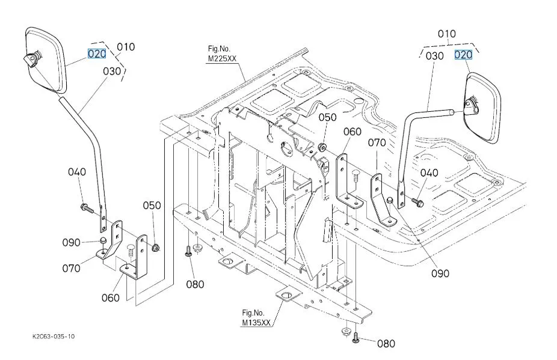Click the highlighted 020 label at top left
(x=97, y=54)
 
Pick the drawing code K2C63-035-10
(x=54, y=337)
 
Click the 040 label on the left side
(x=77, y=172)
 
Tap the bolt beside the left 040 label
(x=86, y=209)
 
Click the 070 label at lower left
(x=71, y=267)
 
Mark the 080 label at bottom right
(x=386, y=344)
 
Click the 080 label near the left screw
(x=195, y=284)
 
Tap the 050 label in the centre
(x=328, y=117)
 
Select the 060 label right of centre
(x=352, y=132)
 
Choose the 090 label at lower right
(x=440, y=273)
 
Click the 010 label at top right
(x=446, y=34)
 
